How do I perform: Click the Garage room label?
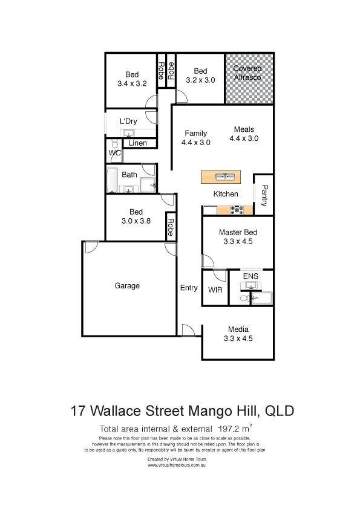(127, 286)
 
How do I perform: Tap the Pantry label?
(265, 196)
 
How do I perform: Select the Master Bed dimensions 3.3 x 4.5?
(238, 241)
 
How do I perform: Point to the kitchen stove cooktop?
(237, 210)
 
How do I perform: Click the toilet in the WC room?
(114, 144)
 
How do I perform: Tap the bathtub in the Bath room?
(112, 180)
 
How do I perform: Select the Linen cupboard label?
(137, 143)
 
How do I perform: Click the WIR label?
(215, 290)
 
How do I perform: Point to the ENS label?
(250, 276)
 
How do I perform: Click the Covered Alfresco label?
(247, 73)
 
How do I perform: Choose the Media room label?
(238, 329)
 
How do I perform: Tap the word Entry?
(189, 288)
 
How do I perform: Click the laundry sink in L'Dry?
(129, 134)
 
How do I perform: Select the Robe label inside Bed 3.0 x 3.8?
(170, 227)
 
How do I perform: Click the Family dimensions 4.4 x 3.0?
(195, 143)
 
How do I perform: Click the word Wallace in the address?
(116, 410)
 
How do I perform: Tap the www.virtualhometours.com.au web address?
(177, 465)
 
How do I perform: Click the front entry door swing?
(188, 329)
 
